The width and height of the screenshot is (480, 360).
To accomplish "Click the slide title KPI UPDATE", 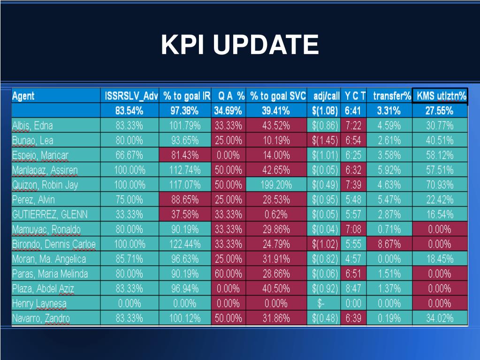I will tap(240, 45).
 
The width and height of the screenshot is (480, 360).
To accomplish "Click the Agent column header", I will tap(23, 96).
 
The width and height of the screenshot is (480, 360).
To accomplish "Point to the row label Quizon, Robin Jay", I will tap(45, 185).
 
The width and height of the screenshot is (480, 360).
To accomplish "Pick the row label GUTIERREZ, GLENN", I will tap(50, 214).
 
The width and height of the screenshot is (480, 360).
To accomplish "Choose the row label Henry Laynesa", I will tap(39, 304).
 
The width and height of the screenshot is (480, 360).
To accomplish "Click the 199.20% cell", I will tap(276, 185).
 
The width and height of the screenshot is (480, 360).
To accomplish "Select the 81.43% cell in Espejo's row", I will tap(185, 155).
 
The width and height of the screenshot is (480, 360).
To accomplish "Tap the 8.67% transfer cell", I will tap(389, 244).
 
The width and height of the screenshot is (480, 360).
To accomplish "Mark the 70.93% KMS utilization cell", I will tap(440, 185).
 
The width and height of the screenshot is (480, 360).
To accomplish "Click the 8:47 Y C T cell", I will tap(353, 289).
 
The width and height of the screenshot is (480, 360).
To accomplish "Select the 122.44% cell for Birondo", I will tap(185, 244).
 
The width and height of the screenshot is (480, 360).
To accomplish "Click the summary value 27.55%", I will tap(440, 111).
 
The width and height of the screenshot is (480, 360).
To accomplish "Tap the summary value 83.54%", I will tap(130, 111).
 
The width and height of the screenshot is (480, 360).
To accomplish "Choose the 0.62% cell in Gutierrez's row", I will tap(276, 214).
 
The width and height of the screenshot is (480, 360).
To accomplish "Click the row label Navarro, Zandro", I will tap(41, 318).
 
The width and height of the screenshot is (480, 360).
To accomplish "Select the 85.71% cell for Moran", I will tap(130, 259).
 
